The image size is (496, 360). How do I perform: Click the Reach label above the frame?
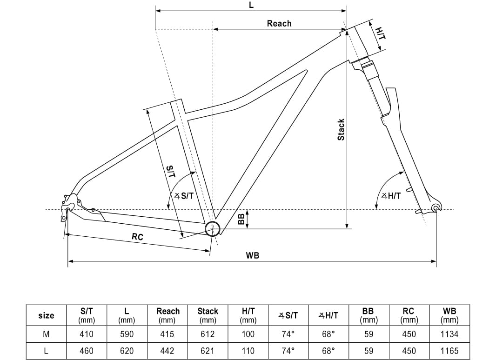279,23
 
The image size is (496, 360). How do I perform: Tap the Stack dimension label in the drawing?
341,130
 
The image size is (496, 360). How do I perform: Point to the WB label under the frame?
253,255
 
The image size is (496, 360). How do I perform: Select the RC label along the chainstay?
137,237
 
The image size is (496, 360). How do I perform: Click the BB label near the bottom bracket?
241,219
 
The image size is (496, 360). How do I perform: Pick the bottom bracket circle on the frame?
212,228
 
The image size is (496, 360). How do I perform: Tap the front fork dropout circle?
436,208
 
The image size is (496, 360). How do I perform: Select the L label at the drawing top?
251,5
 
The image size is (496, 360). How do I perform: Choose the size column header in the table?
46,315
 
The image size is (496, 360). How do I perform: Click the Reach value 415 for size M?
168,334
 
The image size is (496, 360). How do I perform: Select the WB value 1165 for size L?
449,351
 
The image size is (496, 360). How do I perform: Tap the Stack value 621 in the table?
208,351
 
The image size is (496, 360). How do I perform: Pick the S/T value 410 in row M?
87,334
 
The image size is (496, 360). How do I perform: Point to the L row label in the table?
46,351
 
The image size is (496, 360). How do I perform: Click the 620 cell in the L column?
127,351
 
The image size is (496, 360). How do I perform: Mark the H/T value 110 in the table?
248,351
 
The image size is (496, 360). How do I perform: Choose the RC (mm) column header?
408,315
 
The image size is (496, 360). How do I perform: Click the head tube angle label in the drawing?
391,196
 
